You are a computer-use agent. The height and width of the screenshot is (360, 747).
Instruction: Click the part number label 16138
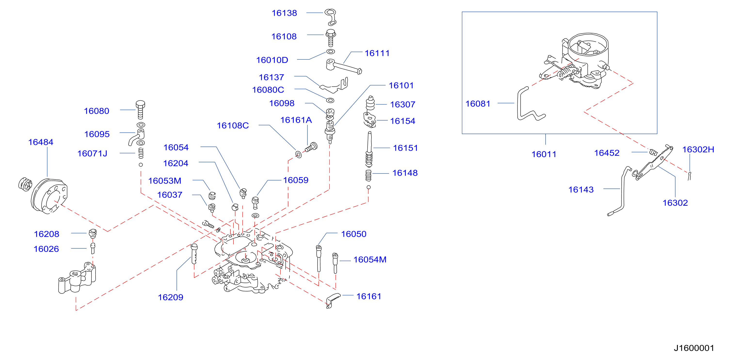pyautogui.click(x=284, y=13)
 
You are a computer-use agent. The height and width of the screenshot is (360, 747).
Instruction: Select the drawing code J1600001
pyautogui.click(x=694, y=348)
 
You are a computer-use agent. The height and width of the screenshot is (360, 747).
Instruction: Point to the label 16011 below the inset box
pyautogui.click(x=544, y=154)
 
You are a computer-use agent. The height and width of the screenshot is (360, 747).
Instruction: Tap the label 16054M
pyautogui.click(x=370, y=260)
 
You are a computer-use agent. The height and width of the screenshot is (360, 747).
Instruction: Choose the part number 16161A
pyautogui.click(x=296, y=120)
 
